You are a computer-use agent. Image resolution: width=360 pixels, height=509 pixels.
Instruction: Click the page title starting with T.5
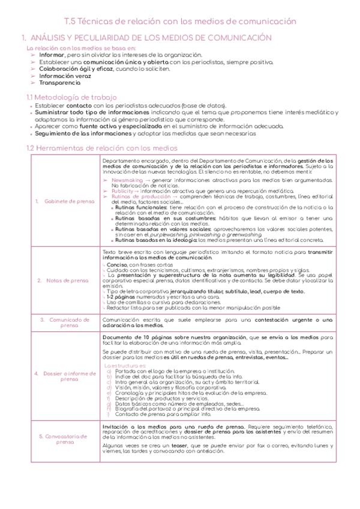(180, 20)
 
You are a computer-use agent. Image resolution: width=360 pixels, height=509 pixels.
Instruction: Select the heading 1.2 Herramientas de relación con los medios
(102, 148)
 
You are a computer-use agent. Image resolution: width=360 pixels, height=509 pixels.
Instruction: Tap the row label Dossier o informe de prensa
(64, 376)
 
